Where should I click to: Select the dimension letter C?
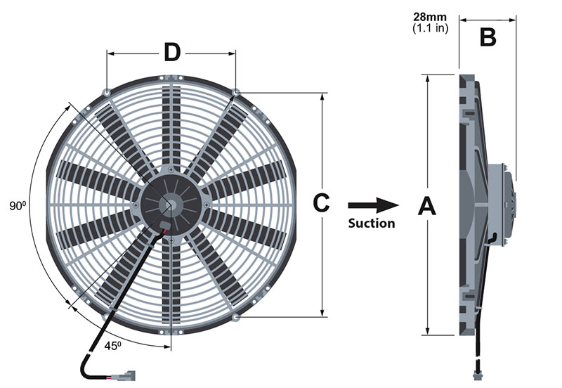point(320,203)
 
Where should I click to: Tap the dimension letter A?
point(427,207)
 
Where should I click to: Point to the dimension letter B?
point(488,37)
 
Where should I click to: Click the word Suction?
point(372,224)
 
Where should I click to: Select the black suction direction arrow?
point(373,205)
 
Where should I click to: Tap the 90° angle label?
point(18,206)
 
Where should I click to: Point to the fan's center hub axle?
point(171,205)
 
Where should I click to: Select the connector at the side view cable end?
point(479,368)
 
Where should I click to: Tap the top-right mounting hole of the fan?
point(236,93)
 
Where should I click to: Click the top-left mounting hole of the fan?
point(105,93)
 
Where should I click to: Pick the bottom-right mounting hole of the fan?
point(236,317)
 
